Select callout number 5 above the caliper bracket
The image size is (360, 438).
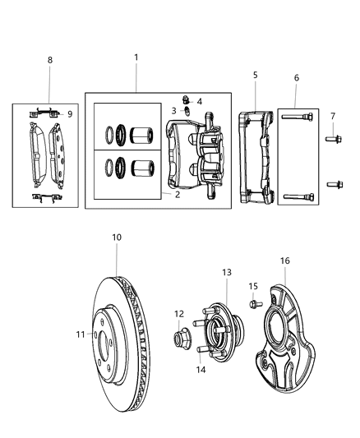[255, 75]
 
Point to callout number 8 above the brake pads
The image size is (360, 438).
[49, 60]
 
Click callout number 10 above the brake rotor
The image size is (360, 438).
[117, 237]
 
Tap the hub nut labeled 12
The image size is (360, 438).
[179, 336]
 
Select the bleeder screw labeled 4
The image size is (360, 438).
[187, 101]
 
